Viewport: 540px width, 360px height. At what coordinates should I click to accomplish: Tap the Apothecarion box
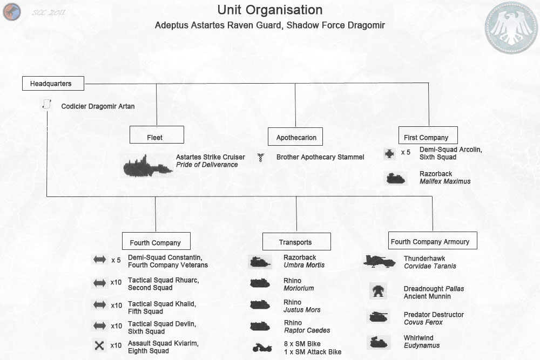[x=296, y=137]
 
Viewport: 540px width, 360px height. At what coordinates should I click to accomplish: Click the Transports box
[x=295, y=241]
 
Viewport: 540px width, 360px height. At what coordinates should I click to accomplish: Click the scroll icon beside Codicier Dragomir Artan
[x=46, y=105]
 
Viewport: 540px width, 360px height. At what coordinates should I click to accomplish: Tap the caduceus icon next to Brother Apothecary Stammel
[x=261, y=158]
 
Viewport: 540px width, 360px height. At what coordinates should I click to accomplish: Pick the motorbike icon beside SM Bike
[x=261, y=348]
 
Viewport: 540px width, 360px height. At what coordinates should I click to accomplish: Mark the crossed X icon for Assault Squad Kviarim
[x=99, y=346]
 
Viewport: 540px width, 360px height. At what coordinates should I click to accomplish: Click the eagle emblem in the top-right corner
[x=511, y=28]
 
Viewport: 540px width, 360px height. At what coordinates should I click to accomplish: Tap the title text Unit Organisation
[x=270, y=10]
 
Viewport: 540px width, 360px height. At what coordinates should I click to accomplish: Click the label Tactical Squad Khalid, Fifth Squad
[x=162, y=308]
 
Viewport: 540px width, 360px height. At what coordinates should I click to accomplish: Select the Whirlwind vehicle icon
[x=378, y=342]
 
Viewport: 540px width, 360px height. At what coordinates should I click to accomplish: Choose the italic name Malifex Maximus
[x=445, y=181]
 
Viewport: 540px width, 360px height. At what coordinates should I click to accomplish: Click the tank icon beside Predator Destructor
[x=378, y=317]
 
